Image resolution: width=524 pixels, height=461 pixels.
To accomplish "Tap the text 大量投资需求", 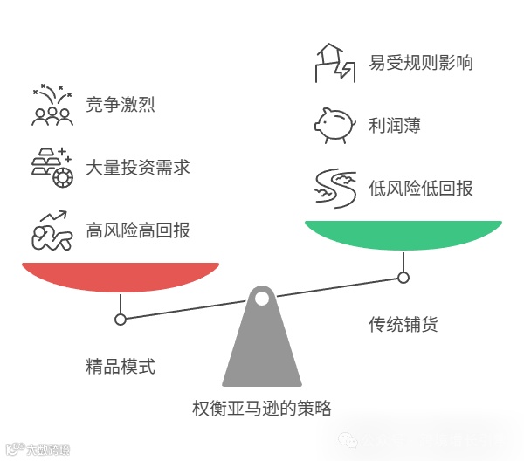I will pos(138,167).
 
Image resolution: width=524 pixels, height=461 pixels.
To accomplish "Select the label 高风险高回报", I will pos(138,230).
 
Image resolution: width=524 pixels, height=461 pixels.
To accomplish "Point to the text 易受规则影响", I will pos(421,63).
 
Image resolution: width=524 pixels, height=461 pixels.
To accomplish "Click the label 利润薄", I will pos(394,125).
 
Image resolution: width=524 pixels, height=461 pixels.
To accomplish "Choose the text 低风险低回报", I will pos(421,187).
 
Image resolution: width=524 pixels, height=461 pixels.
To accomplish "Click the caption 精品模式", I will pos(121,366).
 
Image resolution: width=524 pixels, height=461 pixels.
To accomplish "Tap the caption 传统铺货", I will pos(403,325).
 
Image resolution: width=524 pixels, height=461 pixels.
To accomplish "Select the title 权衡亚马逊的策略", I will pos(262,408).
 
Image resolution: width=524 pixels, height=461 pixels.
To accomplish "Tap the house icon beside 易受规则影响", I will pos(334,63).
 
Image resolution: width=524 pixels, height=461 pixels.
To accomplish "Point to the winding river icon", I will pos(334,188).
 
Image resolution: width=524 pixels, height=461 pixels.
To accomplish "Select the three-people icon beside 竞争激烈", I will pos(52,107).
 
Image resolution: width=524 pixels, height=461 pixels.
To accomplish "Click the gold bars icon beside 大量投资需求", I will pos(52,166).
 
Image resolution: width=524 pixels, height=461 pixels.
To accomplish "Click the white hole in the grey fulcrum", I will pos(262,299).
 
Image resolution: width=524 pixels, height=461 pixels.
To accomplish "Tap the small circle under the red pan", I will pos(121,320).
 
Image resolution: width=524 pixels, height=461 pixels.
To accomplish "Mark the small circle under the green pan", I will pos(403,278).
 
